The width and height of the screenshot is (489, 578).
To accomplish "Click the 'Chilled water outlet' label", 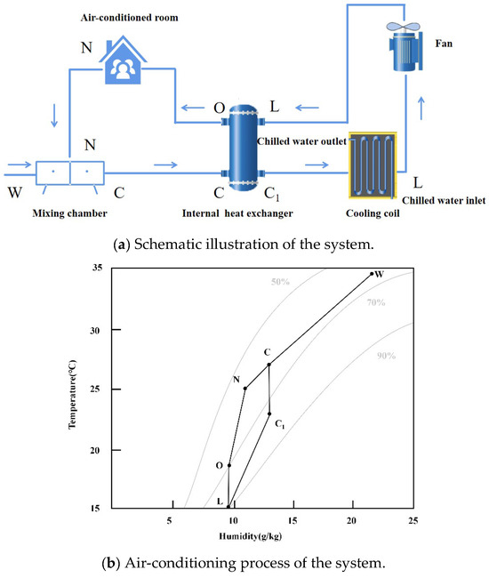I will (300, 140).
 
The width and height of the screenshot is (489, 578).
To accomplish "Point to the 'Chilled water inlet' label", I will (442, 200).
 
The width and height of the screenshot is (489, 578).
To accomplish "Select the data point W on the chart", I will (372, 274).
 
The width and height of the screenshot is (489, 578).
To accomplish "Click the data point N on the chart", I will (245, 388).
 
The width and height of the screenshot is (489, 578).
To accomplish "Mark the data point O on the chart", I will (229, 465).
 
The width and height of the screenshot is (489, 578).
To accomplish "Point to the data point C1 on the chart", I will (269, 413).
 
